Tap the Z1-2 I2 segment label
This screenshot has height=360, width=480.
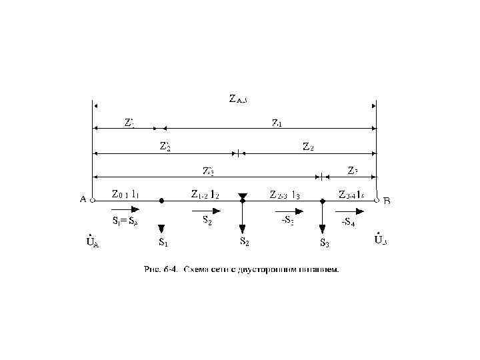click(x=205, y=195)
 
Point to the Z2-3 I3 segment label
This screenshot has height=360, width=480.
click(x=285, y=195)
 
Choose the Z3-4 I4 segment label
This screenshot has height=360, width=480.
click(x=351, y=195)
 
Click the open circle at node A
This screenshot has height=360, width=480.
click(x=93, y=199)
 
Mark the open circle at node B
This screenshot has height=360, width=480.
click(x=377, y=199)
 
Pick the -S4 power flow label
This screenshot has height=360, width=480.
click(x=348, y=223)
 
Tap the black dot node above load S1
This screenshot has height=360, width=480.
click(x=162, y=200)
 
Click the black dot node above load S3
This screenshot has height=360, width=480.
click(x=323, y=200)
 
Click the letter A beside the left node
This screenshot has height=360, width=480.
click(x=83, y=199)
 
